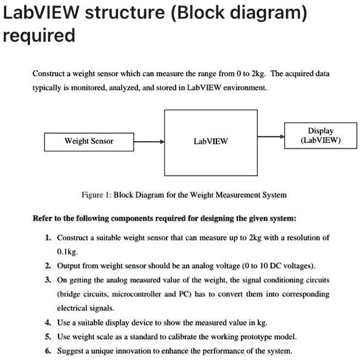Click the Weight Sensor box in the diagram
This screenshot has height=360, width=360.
[89, 141]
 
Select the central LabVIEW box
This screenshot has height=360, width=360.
[210, 141]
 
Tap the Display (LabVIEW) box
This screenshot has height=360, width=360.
[320, 135]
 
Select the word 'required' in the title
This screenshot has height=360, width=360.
[39, 35]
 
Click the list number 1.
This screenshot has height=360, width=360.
[47, 237]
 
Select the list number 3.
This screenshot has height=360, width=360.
[47, 280]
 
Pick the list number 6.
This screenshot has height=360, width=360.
[47, 351]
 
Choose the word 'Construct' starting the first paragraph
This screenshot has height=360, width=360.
[48, 73]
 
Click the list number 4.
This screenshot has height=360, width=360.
[47, 322]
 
